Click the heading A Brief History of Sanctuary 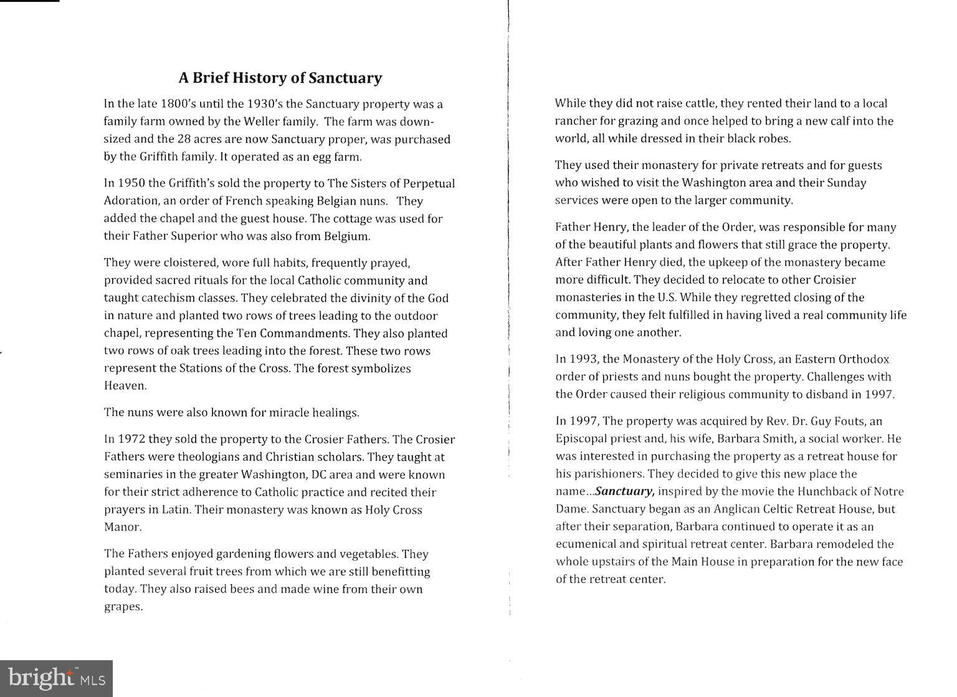point(280,78)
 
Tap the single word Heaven point(125,386)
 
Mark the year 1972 point(131,440)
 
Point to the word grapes point(123,607)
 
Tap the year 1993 point(583,359)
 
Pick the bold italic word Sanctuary point(624,491)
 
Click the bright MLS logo point(56,678)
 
